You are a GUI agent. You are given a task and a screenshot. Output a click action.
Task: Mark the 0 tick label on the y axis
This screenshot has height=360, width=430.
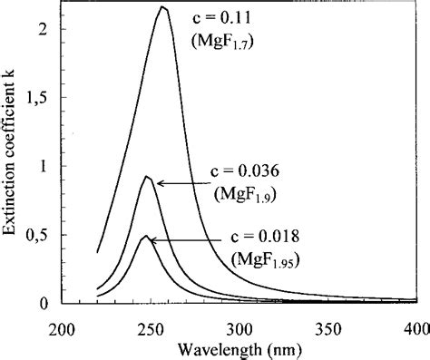pyautogui.click(x=43, y=304)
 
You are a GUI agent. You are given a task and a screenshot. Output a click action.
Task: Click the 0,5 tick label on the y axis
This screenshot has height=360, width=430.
pyautogui.click(x=36, y=236)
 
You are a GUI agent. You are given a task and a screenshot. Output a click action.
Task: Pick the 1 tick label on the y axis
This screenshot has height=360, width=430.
pyautogui.click(x=43, y=167)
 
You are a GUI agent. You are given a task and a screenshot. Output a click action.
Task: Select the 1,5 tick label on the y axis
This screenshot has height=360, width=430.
pyautogui.click(x=36, y=98)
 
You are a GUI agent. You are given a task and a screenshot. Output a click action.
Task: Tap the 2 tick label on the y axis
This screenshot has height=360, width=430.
pyautogui.click(x=43, y=29)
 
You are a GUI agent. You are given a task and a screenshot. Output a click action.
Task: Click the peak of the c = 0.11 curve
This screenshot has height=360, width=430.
pyautogui.click(x=162, y=7)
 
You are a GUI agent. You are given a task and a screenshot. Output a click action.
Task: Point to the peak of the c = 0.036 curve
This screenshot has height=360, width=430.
pyautogui.click(x=147, y=176)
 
